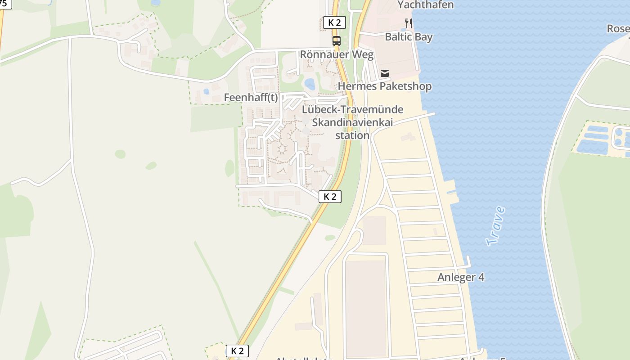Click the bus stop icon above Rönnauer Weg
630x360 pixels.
click(x=336, y=41)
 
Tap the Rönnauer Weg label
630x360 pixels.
click(x=337, y=55)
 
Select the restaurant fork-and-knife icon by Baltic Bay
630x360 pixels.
click(x=409, y=23)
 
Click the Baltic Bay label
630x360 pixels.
click(x=409, y=37)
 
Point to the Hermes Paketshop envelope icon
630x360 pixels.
click(x=385, y=72)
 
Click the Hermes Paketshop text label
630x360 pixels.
click(x=384, y=86)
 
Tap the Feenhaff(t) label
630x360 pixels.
click(x=251, y=98)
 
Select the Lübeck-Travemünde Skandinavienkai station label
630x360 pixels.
click(x=352, y=122)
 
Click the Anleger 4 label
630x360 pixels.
click(x=461, y=277)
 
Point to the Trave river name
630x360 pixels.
click(x=495, y=226)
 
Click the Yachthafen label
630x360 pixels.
click(x=425, y=5)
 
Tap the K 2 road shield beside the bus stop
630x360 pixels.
click(x=334, y=22)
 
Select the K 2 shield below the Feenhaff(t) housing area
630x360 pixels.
click(x=330, y=196)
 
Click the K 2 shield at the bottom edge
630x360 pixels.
click(x=237, y=351)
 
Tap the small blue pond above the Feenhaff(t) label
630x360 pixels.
click(x=206, y=91)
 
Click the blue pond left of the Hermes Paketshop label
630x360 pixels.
click(x=310, y=83)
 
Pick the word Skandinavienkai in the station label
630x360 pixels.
click(x=352, y=122)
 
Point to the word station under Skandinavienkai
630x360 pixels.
click(x=352, y=135)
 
